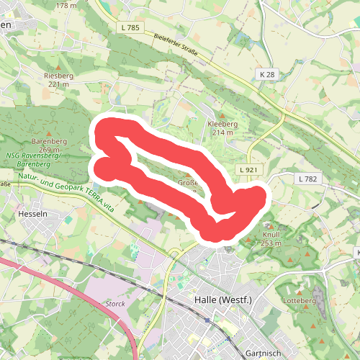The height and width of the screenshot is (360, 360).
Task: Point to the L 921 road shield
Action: pos(246,169)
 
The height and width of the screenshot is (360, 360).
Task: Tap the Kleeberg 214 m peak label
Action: pos(221,128)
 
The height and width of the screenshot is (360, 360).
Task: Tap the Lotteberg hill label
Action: pos(300,299)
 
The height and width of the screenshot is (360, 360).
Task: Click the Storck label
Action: pos(115,304)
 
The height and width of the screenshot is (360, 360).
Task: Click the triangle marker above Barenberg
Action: pos(49,133)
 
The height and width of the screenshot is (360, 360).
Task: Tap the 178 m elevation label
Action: pos(66,5)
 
